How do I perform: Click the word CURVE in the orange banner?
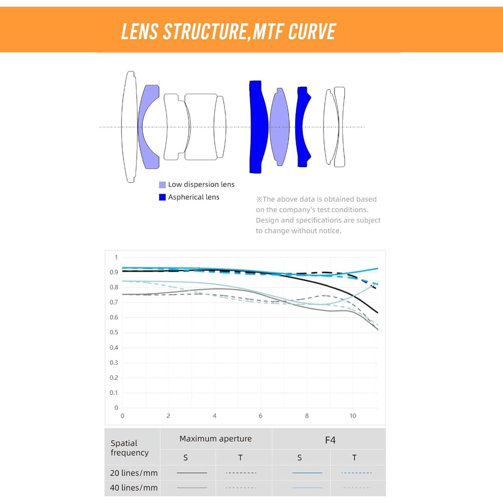pyautogui.click(x=312, y=32)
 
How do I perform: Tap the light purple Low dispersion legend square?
pyautogui.click(x=162, y=185)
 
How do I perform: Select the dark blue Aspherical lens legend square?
pyautogui.click(x=162, y=197)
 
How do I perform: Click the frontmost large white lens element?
pyautogui.click(x=130, y=127)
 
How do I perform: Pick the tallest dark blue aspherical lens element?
pyautogui.click(x=257, y=127)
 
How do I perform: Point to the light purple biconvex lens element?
pyautogui.click(x=280, y=127)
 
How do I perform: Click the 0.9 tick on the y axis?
pyautogui.click(x=114, y=272)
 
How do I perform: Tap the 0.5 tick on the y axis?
pyautogui.click(x=114, y=332)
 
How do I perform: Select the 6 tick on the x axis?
pyautogui.click(x=261, y=416)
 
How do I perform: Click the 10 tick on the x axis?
pyautogui.click(x=353, y=416)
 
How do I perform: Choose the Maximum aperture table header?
pyautogui.click(x=216, y=439)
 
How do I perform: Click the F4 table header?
pyautogui.click(x=330, y=440)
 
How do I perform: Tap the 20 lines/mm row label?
pyautogui.click(x=134, y=473)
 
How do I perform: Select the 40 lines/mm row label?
pyautogui.click(x=134, y=488)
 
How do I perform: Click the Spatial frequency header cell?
pyautogui.click(x=130, y=448)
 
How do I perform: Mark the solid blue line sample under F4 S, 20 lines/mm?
pyautogui.click(x=307, y=473)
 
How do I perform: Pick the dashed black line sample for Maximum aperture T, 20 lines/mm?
pyautogui.click(x=241, y=473)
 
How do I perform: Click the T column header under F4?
pyautogui.click(x=354, y=457)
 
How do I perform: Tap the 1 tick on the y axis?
pyautogui.click(x=116, y=257)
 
